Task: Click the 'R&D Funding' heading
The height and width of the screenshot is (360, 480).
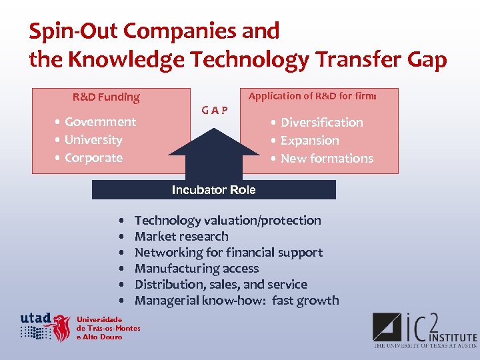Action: (106, 97)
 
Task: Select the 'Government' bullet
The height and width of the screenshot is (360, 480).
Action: (100, 122)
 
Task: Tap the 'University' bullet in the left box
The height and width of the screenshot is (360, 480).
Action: (93, 140)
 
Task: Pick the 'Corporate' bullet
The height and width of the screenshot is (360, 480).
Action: (93, 158)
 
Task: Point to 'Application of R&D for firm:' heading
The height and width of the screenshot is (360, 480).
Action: (312, 96)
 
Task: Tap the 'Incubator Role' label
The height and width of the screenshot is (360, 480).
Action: (213, 190)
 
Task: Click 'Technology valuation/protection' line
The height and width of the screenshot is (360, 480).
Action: (227, 221)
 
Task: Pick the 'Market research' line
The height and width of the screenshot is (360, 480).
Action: (181, 237)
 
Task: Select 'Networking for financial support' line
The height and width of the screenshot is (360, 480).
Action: (228, 253)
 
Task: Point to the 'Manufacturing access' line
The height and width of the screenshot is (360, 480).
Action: (196, 269)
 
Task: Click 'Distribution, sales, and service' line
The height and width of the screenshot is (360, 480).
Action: (221, 285)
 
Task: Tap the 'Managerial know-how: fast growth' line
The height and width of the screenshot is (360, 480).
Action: (237, 301)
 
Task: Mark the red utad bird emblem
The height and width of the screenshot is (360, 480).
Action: (61, 328)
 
